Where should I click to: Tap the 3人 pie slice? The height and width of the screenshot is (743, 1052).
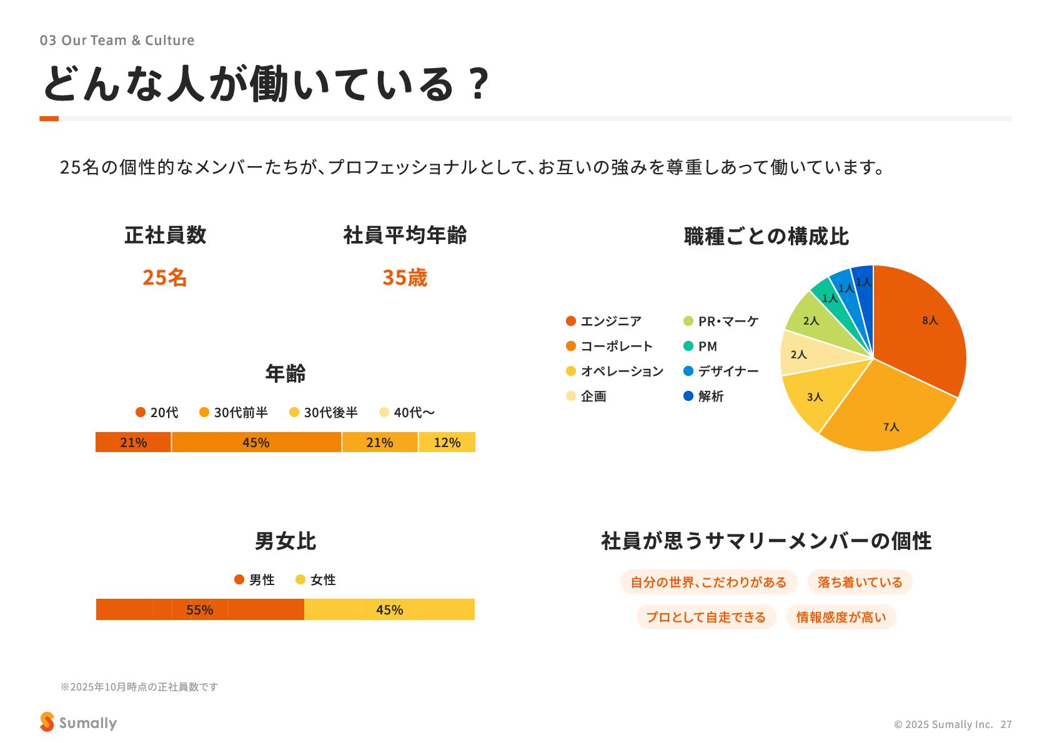point(815,396)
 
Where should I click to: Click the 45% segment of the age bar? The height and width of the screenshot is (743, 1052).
point(256,442)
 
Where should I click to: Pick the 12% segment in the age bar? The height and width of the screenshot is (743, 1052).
point(447,442)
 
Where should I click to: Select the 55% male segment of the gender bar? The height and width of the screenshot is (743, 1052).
point(200,609)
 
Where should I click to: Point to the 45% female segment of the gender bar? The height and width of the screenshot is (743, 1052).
point(389,609)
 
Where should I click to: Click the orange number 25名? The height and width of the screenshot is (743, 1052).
point(164,277)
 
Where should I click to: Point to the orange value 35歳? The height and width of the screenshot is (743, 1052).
point(405,277)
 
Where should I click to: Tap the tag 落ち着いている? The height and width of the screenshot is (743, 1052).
point(860,582)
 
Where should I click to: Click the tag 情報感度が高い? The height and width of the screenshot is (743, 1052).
point(841,617)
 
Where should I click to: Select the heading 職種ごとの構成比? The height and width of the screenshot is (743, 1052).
point(766,236)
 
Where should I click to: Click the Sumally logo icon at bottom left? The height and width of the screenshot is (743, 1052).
point(47,722)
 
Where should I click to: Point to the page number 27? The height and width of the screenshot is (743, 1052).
point(1006,724)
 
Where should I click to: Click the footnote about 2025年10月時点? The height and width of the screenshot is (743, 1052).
point(139,687)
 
